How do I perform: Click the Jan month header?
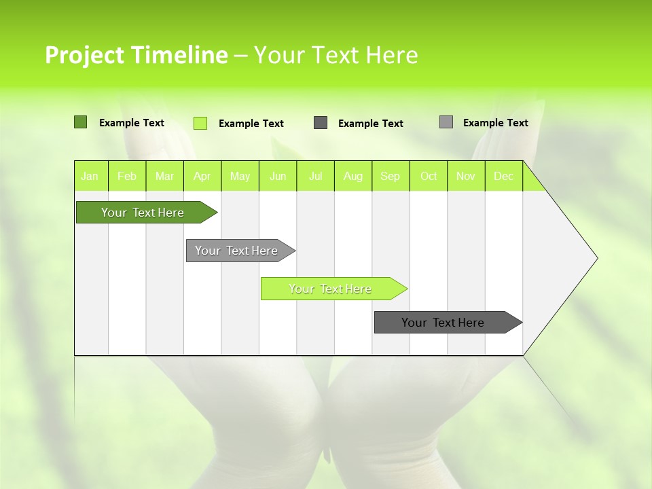(x=90, y=176)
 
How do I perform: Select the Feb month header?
(x=127, y=176)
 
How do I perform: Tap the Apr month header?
(x=202, y=176)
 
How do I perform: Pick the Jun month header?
(x=278, y=176)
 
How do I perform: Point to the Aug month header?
(x=353, y=176)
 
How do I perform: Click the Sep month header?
(x=391, y=176)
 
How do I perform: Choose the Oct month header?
(x=429, y=176)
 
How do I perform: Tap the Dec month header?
(x=504, y=176)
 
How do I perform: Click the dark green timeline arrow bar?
(x=143, y=213)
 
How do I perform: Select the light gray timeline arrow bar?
(x=237, y=251)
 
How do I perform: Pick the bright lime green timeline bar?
(x=331, y=289)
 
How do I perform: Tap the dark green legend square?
(x=80, y=122)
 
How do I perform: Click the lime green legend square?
(x=200, y=123)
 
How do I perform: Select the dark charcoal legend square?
(x=321, y=123)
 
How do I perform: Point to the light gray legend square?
(x=446, y=122)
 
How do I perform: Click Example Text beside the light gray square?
(x=495, y=123)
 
